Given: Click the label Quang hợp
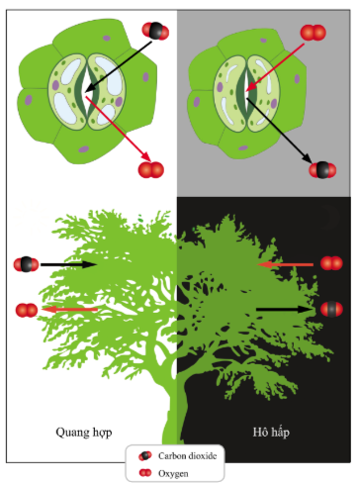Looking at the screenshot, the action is click(84, 433).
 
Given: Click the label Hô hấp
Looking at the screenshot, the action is click(271, 433).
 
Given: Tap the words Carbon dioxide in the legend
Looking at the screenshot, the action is click(187, 455).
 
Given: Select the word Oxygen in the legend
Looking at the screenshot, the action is click(173, 473).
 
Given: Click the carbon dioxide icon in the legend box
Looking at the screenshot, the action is click(145, 456).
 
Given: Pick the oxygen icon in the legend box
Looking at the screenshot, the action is click(145, 473).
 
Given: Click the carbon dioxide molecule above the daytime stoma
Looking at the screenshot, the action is click(155, 31).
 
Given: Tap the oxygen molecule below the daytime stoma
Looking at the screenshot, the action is click(151, 170).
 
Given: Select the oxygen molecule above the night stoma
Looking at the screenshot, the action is click(313, 33).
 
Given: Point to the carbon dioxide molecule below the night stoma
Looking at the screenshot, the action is click(322, 170).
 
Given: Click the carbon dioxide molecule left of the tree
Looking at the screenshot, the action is click(26, 264).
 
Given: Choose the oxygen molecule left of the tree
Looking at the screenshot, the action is click(27, 311).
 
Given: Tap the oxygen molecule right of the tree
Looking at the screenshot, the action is click(331, 263).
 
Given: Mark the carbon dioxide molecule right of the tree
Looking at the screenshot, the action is click(331, 309).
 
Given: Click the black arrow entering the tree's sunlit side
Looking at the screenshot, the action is click(68, 264).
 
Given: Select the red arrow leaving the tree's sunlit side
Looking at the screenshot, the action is click(69, 310).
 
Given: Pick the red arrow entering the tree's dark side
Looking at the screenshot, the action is click(285, 264).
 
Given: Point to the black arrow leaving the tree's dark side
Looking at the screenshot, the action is click(285, 309).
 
